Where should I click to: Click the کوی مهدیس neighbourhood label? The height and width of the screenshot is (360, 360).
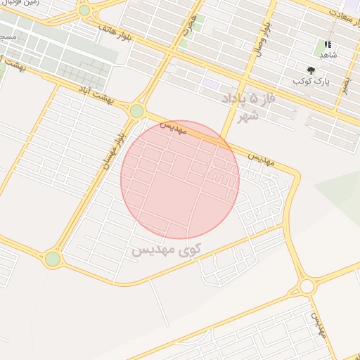pos(167,249)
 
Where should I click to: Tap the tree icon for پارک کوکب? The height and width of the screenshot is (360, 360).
pos(311,70)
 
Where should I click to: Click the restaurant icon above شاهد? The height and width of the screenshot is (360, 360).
pos(328,44)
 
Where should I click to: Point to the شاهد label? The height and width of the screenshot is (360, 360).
pos(328,55)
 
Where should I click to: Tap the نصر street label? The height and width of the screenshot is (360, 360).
pos(345,84)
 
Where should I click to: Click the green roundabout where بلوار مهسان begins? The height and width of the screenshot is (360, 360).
pos(136,110)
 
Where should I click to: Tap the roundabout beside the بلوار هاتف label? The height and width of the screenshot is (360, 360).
pos(84,11)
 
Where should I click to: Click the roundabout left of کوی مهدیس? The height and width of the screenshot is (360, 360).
pos(53,259)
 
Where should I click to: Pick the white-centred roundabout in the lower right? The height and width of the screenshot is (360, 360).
pos(307,286)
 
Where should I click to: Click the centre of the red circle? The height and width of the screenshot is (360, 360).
pos(180,179)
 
